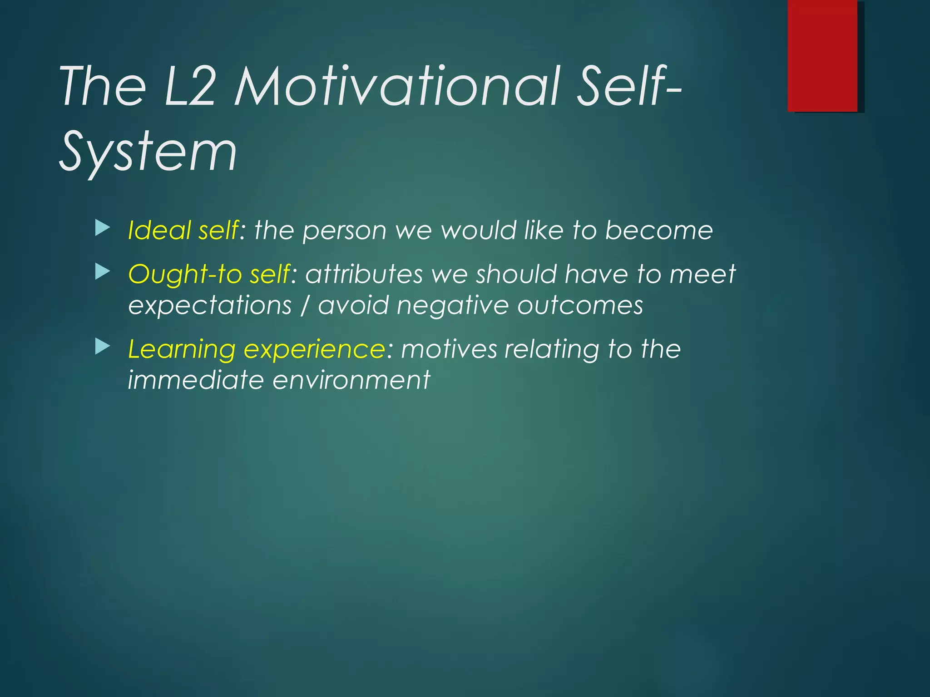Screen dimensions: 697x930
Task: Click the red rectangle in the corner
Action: click(822, 55)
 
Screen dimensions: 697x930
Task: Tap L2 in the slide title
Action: click(188, 86)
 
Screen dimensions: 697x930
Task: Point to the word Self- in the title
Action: click(628, 86)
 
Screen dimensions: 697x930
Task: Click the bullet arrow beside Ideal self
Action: click(103, 228)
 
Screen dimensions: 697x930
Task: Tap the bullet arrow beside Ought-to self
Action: click(103, 272)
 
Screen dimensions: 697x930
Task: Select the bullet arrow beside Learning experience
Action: click(103, 347)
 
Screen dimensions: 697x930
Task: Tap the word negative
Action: click(452, 305)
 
